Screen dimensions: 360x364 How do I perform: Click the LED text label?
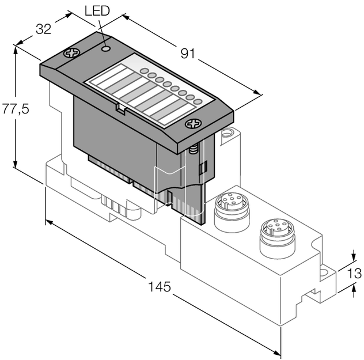point(97,11)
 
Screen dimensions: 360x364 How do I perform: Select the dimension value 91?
point(188,54)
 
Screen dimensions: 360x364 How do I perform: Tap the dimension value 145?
point(160,286)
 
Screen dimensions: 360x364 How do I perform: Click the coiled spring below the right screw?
point(194,149)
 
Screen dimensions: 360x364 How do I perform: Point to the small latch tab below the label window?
point(119,107)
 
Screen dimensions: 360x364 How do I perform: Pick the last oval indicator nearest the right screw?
point(198,101)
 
